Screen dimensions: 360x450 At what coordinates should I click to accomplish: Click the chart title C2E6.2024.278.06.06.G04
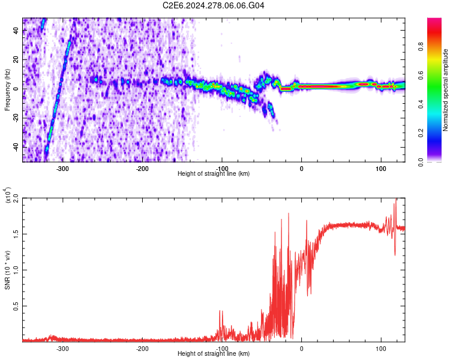click(214, 5)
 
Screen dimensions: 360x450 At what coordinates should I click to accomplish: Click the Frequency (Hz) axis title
click(7, 90)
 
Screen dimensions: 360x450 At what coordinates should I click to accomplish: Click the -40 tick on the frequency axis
click(14, 146)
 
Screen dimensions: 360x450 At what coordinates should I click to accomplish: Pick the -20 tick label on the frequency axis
click(14, 118)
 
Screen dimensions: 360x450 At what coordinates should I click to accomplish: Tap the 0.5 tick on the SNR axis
click(16, 305)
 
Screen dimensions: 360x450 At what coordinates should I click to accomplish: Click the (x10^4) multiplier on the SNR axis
click(8, 196)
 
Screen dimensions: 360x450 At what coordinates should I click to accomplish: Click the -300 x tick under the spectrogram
click(63, 169)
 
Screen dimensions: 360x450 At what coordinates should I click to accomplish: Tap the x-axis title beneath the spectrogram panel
click(214, 174)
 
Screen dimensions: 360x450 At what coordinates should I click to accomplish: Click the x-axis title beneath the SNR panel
click(214, 354)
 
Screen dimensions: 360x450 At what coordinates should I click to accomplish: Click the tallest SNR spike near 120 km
click(396, 200)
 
